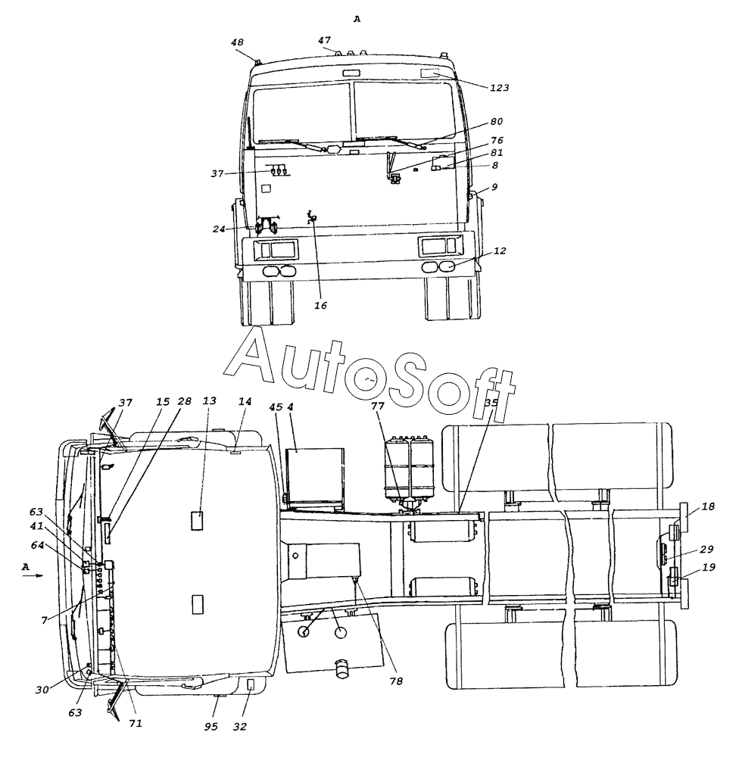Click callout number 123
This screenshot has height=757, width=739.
pos(500,87)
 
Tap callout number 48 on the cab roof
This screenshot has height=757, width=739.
pos(237,42)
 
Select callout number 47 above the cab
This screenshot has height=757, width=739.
pos(324,41)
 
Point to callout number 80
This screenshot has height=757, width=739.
pos(497,122)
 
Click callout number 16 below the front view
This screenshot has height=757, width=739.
pos(321,305)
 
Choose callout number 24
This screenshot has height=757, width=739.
pos(219,229)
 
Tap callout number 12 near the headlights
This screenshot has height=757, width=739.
pos(500,251)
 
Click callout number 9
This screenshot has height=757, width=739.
pos(494,187)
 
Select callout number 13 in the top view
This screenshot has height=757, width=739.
pos(210,400)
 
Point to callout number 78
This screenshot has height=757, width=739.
pos(396,681)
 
